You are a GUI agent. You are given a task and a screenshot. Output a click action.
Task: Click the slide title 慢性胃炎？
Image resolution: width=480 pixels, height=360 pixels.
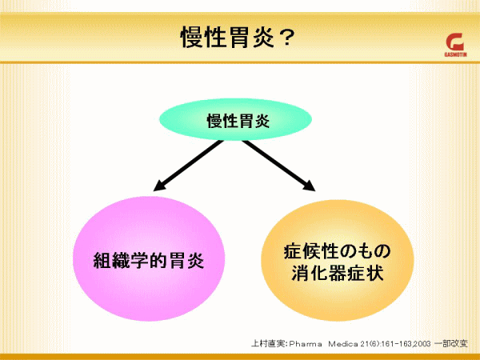(x=238, y=37)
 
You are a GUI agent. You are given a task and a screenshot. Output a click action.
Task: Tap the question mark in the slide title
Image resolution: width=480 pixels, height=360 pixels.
(x=285, y=37)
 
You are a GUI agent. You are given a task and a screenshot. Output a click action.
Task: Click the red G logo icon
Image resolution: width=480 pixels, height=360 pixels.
(x=455, y=42)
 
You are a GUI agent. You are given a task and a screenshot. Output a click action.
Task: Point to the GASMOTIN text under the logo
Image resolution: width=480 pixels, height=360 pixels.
(x=455, y=54)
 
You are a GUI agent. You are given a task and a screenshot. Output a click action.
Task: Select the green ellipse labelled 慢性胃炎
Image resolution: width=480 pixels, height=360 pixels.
(x=235, y=119)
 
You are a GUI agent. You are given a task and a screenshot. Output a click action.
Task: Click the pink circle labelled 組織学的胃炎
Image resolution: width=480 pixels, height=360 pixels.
(x=149, y=258)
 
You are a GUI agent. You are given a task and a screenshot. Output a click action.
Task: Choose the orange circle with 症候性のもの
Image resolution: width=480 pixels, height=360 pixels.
(x=338, y=260)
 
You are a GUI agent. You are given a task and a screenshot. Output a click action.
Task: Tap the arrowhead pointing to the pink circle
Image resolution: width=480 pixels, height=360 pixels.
(x=159, y=186)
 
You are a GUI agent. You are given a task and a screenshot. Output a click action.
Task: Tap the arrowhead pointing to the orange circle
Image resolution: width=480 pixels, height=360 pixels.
(x=309, y=186)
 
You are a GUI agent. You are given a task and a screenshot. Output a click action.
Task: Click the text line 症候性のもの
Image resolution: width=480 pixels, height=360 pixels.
(x=337, y=252)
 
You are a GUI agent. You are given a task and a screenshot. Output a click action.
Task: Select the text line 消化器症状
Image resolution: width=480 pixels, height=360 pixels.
(x=337, y=273)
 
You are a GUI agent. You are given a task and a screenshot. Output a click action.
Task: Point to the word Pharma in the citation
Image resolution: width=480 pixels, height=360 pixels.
(x=306, y=344)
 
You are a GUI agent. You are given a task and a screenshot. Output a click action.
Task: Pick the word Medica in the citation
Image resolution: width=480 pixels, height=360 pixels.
(x=343, y=344)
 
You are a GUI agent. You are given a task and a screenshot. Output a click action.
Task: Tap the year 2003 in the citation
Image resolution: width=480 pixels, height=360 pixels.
(x=422, y=344)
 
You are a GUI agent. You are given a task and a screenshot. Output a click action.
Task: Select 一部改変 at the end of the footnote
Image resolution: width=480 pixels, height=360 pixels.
(x=451, y=343)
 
